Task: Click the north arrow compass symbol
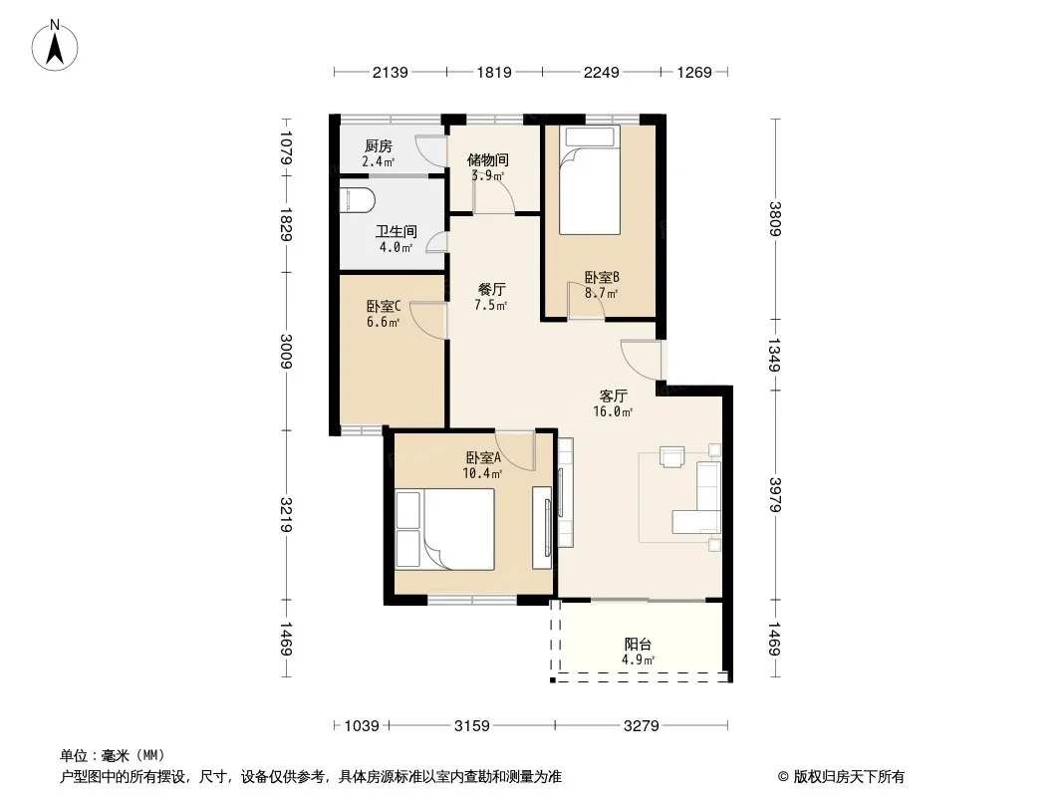point(55,46)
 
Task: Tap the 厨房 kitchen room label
point(378,146)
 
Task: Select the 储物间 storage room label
point(487,160)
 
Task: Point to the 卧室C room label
point(384,307)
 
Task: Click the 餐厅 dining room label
point(491,289)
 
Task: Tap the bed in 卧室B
point(590,180)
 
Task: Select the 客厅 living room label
point(613,396)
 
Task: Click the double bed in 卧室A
point(445,530)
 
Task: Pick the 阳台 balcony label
point(638,644)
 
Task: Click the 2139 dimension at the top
point(391,72)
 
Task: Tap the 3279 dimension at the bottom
point(641,726)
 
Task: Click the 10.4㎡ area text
point(482,474)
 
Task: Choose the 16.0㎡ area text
point(613,411)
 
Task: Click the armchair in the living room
point(673,457)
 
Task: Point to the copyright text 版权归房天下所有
point(849,777)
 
